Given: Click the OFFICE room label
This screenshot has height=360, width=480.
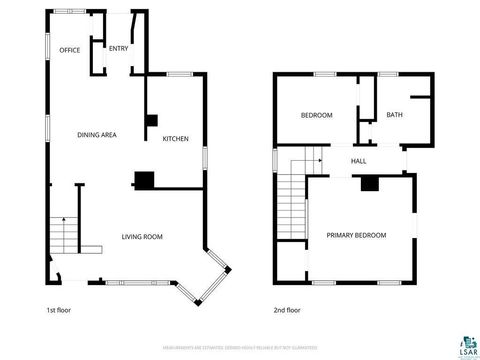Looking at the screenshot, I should tap(69, 50).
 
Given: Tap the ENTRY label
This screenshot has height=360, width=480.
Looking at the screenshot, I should tap(118, 48).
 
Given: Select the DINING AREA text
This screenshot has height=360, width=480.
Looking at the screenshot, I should tap(98, 134).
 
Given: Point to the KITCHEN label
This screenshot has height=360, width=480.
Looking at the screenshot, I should tap(176, 139).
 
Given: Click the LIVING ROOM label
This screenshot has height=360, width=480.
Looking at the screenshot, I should tap(142, 237).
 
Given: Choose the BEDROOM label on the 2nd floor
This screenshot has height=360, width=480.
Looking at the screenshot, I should tap(316, 115).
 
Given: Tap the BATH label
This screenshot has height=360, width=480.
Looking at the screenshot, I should tap(394, 115).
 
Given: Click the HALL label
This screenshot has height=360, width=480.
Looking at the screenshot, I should tap(358, 160).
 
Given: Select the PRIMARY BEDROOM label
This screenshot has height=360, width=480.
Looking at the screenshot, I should tap(356, 235).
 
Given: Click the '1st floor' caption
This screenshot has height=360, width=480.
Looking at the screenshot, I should tap(59, 310).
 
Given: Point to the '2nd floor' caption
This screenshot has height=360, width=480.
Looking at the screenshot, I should tap(287, 310).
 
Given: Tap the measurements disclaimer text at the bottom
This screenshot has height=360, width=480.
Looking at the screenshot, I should tap(239, 348).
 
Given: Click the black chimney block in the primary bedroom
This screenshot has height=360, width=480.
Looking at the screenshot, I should tap(369, 183).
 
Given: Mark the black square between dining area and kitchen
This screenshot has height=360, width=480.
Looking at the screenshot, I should tap(151, 120).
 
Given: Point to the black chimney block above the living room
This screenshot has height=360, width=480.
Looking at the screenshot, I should tap(145, 181).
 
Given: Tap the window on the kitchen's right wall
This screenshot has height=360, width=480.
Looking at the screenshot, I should tap(205, 157).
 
